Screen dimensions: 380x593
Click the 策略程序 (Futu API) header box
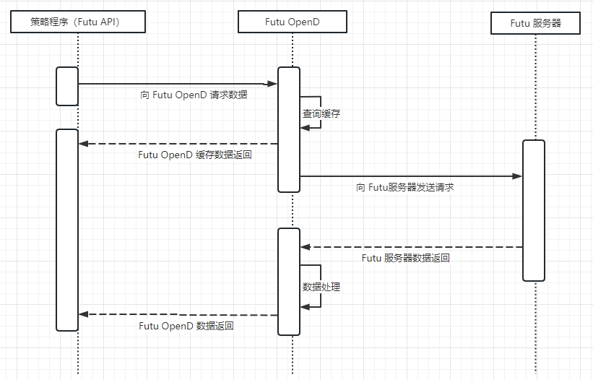point(79,22)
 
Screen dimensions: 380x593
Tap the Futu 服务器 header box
point(535,23)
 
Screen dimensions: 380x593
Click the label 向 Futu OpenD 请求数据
point(194,95)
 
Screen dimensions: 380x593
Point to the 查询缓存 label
point(321,113)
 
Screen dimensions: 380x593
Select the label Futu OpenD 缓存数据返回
point(195,155)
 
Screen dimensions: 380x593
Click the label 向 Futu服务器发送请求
point(404,187)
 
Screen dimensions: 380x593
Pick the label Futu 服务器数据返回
point(406,258)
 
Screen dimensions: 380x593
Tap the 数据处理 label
point(321,287)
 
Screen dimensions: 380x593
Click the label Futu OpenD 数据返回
point(186,326)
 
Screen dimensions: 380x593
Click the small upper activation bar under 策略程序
point(67,86)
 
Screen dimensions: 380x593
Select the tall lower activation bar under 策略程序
point(67,230)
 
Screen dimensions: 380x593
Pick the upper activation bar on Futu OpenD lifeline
point(289,129)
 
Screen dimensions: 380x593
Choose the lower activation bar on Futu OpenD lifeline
point(289,281)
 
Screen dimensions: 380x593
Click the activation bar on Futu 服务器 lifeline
point(534,210)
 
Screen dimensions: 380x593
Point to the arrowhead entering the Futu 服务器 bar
point(517,176)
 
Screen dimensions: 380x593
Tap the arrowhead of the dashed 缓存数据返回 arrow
point(83,144)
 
